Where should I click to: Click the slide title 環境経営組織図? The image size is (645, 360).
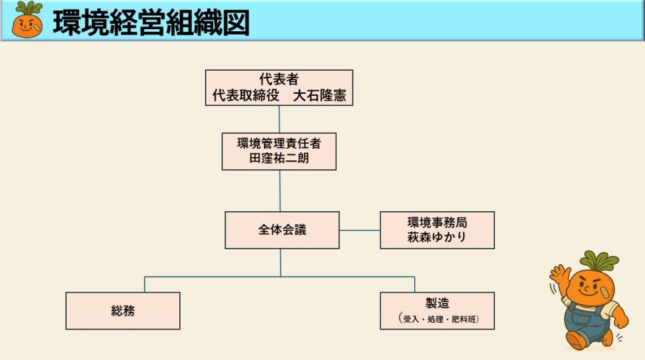pos(151,22)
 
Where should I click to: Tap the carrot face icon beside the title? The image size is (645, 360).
pos(27,20)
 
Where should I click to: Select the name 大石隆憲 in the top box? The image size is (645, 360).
pos(319,96)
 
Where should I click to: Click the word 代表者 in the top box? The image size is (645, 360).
pos(279,79)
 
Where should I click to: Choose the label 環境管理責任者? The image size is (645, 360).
pos(279,143)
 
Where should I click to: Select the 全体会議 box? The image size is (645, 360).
pos(282,230)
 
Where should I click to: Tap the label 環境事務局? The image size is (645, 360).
pos(437,222)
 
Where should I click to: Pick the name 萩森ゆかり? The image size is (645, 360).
pos(437,238)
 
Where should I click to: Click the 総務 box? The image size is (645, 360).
pos(123,310)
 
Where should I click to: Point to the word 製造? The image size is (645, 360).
pos(437,304)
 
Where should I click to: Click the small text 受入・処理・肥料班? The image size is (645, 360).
pos(437,319)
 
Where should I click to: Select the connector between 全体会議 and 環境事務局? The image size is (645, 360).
pos(360,230)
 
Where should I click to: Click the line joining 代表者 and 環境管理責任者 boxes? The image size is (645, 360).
pos(279,119)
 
